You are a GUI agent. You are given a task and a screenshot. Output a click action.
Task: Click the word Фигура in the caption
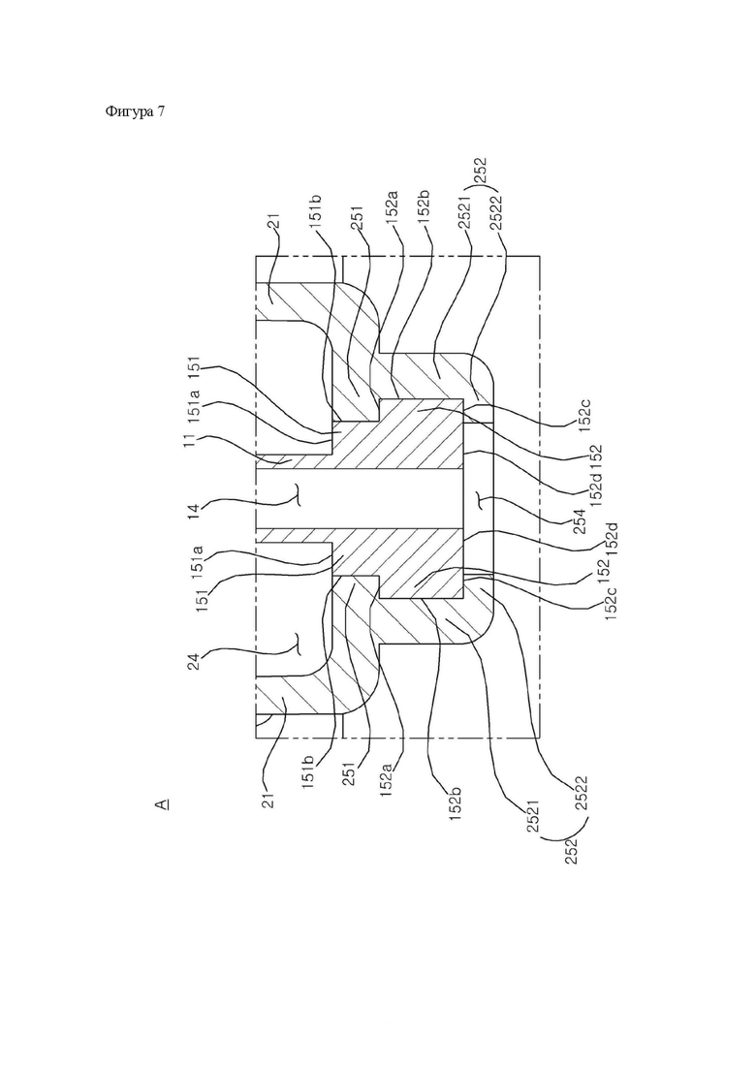[129, 111]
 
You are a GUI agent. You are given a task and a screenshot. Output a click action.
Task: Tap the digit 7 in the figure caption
[160, 111]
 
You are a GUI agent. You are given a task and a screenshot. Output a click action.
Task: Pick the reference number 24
[195, 661]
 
